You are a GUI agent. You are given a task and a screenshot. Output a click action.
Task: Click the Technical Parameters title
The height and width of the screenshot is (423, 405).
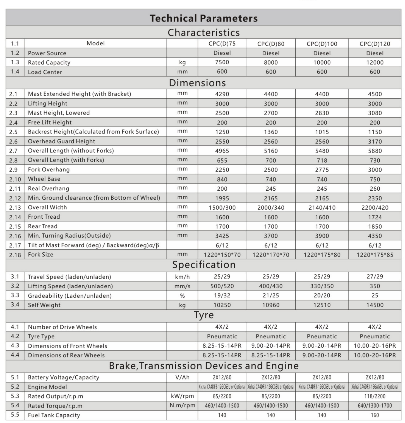tap(203, 18)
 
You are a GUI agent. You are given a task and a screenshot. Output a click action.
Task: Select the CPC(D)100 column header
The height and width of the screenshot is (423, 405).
tap(322, 44)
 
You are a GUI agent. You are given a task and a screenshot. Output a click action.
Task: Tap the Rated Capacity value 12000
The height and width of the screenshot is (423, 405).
tap(375, 63)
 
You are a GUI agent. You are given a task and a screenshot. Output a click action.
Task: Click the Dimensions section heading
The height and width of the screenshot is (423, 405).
tap(197, 83)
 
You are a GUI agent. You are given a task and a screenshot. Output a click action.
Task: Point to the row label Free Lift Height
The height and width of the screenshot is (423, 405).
tap(50, 122)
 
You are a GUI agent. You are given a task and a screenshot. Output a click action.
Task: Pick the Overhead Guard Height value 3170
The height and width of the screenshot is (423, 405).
tap(375, 142)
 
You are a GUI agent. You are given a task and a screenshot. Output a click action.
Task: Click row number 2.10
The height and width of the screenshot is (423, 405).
tap(15, 179)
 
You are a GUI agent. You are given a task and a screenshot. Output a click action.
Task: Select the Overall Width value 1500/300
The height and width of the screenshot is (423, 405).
tap(222, 208)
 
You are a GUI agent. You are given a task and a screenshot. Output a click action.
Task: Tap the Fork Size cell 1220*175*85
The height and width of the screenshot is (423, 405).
tap(375, 255)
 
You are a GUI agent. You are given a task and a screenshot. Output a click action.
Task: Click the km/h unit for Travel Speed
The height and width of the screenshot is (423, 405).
tap(182, 277)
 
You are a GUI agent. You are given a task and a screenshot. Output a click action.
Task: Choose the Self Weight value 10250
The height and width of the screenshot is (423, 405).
tap(222, 305)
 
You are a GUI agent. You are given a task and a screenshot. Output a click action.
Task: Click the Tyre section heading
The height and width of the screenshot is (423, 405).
tap(204, 315)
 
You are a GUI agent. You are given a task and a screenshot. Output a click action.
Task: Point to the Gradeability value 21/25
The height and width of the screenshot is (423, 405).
tap(270, 295)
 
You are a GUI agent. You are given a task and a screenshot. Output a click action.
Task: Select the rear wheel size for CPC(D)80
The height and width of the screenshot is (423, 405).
tap(270, 355)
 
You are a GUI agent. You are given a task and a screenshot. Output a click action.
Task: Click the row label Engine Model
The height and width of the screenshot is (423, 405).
tap(47, 387)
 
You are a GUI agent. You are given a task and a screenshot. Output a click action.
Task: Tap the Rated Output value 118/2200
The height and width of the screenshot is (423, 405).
tap(375, 396)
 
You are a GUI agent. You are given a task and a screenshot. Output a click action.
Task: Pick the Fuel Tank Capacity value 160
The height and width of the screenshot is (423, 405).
tap(375, 415)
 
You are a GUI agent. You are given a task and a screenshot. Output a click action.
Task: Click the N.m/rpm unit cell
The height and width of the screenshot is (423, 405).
tap(182, 405)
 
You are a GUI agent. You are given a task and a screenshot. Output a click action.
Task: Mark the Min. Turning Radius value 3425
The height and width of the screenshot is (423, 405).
tap(222, 236)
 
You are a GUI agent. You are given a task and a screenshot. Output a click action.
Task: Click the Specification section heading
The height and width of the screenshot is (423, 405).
tap(204, 265)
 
